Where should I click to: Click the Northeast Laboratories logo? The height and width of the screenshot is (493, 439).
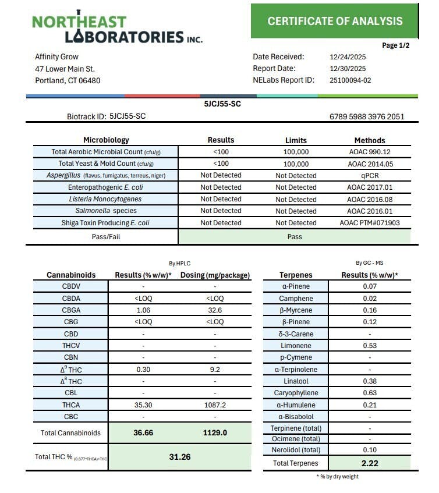117,29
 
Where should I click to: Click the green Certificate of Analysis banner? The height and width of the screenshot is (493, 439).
335,21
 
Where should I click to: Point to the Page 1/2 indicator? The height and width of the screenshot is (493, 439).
396,45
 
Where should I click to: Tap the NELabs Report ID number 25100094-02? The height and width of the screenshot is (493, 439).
351,80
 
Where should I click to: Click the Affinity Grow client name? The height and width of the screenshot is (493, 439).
57,57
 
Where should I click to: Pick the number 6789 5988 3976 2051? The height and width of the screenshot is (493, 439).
367,116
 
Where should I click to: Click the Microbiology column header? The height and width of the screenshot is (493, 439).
106,140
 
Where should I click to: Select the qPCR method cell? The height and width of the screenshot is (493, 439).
370,176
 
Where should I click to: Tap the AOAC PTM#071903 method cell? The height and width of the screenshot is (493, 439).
370,223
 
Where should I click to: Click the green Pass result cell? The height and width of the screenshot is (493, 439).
294,237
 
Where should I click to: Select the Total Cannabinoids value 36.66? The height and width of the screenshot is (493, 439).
143,433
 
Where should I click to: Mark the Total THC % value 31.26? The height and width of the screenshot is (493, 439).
180,457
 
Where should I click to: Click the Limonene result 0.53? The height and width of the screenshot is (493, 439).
370,346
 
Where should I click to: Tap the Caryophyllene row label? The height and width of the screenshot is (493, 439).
296,393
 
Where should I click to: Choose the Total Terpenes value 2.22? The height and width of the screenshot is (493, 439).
370,463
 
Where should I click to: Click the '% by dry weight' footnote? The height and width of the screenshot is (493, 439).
337,477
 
